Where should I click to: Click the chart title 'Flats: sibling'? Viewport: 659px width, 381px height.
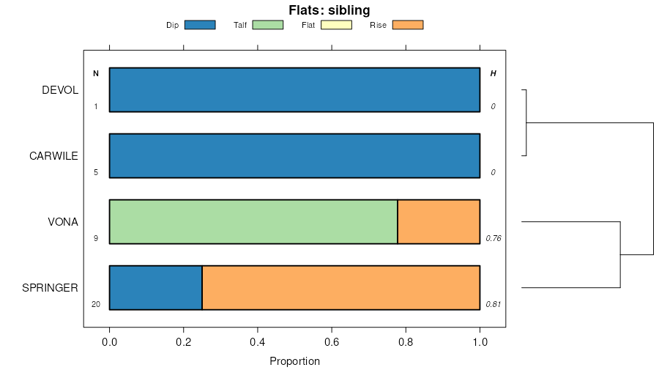pos(329,10)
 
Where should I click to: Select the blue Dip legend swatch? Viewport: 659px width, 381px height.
pos(200,25)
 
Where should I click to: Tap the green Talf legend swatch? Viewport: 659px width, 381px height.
pos(267,25)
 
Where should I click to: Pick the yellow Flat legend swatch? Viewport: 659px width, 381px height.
pos(336,25)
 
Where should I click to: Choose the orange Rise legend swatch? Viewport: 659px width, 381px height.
pos(408,25)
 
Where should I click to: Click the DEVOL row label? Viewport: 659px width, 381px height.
pos(60,90)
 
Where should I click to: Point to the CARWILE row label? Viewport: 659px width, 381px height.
pos(53,156)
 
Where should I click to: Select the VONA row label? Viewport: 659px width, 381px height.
pos(63,222)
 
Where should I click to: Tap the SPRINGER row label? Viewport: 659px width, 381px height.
pos(51,288)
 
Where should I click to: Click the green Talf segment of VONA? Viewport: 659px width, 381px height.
pos(253,222)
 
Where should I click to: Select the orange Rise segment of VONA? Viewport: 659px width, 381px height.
pos(439,222)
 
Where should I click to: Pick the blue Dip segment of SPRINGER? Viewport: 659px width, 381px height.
pos(155,288)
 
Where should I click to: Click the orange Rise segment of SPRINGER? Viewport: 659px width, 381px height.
pos(340,288)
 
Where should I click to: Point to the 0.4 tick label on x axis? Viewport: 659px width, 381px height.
pos(258,341)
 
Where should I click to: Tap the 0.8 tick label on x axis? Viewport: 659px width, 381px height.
pos(406,341)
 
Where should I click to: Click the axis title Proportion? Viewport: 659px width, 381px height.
pos(294,361)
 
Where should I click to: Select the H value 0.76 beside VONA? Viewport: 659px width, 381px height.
pos(494,239)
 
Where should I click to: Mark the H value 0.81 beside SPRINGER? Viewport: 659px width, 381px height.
pos(494,305)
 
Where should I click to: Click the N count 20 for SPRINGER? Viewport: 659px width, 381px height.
pos(95,305)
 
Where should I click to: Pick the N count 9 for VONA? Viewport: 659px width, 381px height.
pos(95,239)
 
